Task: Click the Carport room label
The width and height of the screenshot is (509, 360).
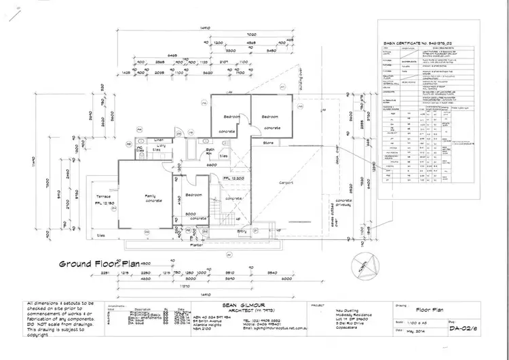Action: coord(284,183)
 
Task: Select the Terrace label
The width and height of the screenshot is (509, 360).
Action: coord(103,196)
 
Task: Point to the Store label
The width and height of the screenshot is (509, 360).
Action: coord(267,143)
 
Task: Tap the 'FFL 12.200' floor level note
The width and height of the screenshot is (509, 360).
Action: coord(233,178)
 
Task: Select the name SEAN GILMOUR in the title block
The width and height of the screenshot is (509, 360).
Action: coord(242,306)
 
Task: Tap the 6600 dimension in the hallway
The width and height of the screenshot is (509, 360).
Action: coord(212,166)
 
